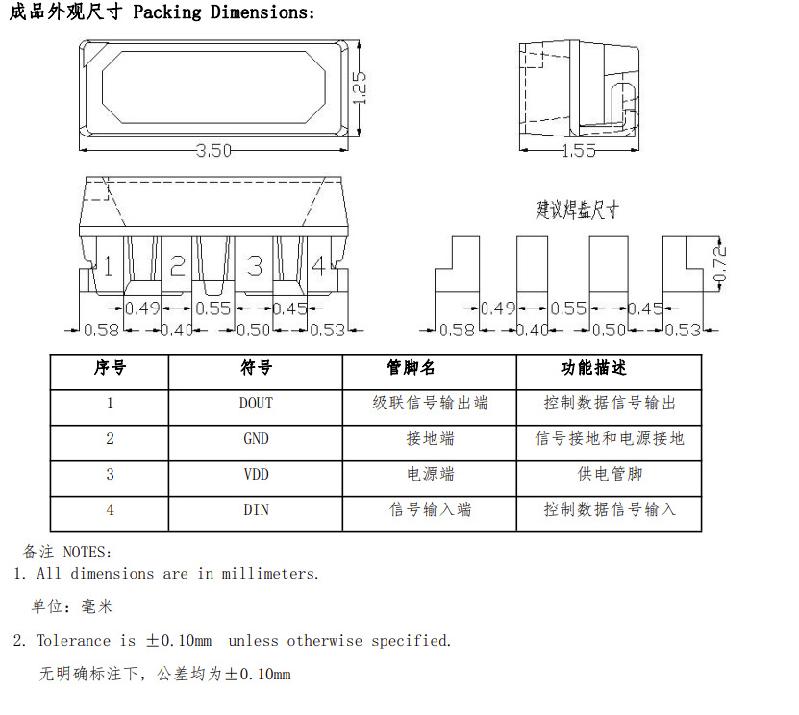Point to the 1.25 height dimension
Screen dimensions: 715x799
tap(362, 87)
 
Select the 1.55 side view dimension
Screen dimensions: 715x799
tap(578, 151)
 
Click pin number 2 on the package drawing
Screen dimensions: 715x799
tap(178, 265)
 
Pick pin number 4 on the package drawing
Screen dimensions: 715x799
tap(318, 265)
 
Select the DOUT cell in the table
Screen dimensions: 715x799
tap(256, 404)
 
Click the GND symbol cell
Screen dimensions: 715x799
tap(256, 439)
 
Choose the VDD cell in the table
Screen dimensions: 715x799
tap(256, 474)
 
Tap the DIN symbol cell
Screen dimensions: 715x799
tap(256, 509)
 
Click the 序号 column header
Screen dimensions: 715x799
tap(110, 368)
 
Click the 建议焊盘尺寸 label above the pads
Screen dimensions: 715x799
tap(577, 210)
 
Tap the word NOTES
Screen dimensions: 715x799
tap(87, 553)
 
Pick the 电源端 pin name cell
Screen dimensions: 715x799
tap(430, 474)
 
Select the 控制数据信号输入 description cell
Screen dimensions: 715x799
tap(610, 509)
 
